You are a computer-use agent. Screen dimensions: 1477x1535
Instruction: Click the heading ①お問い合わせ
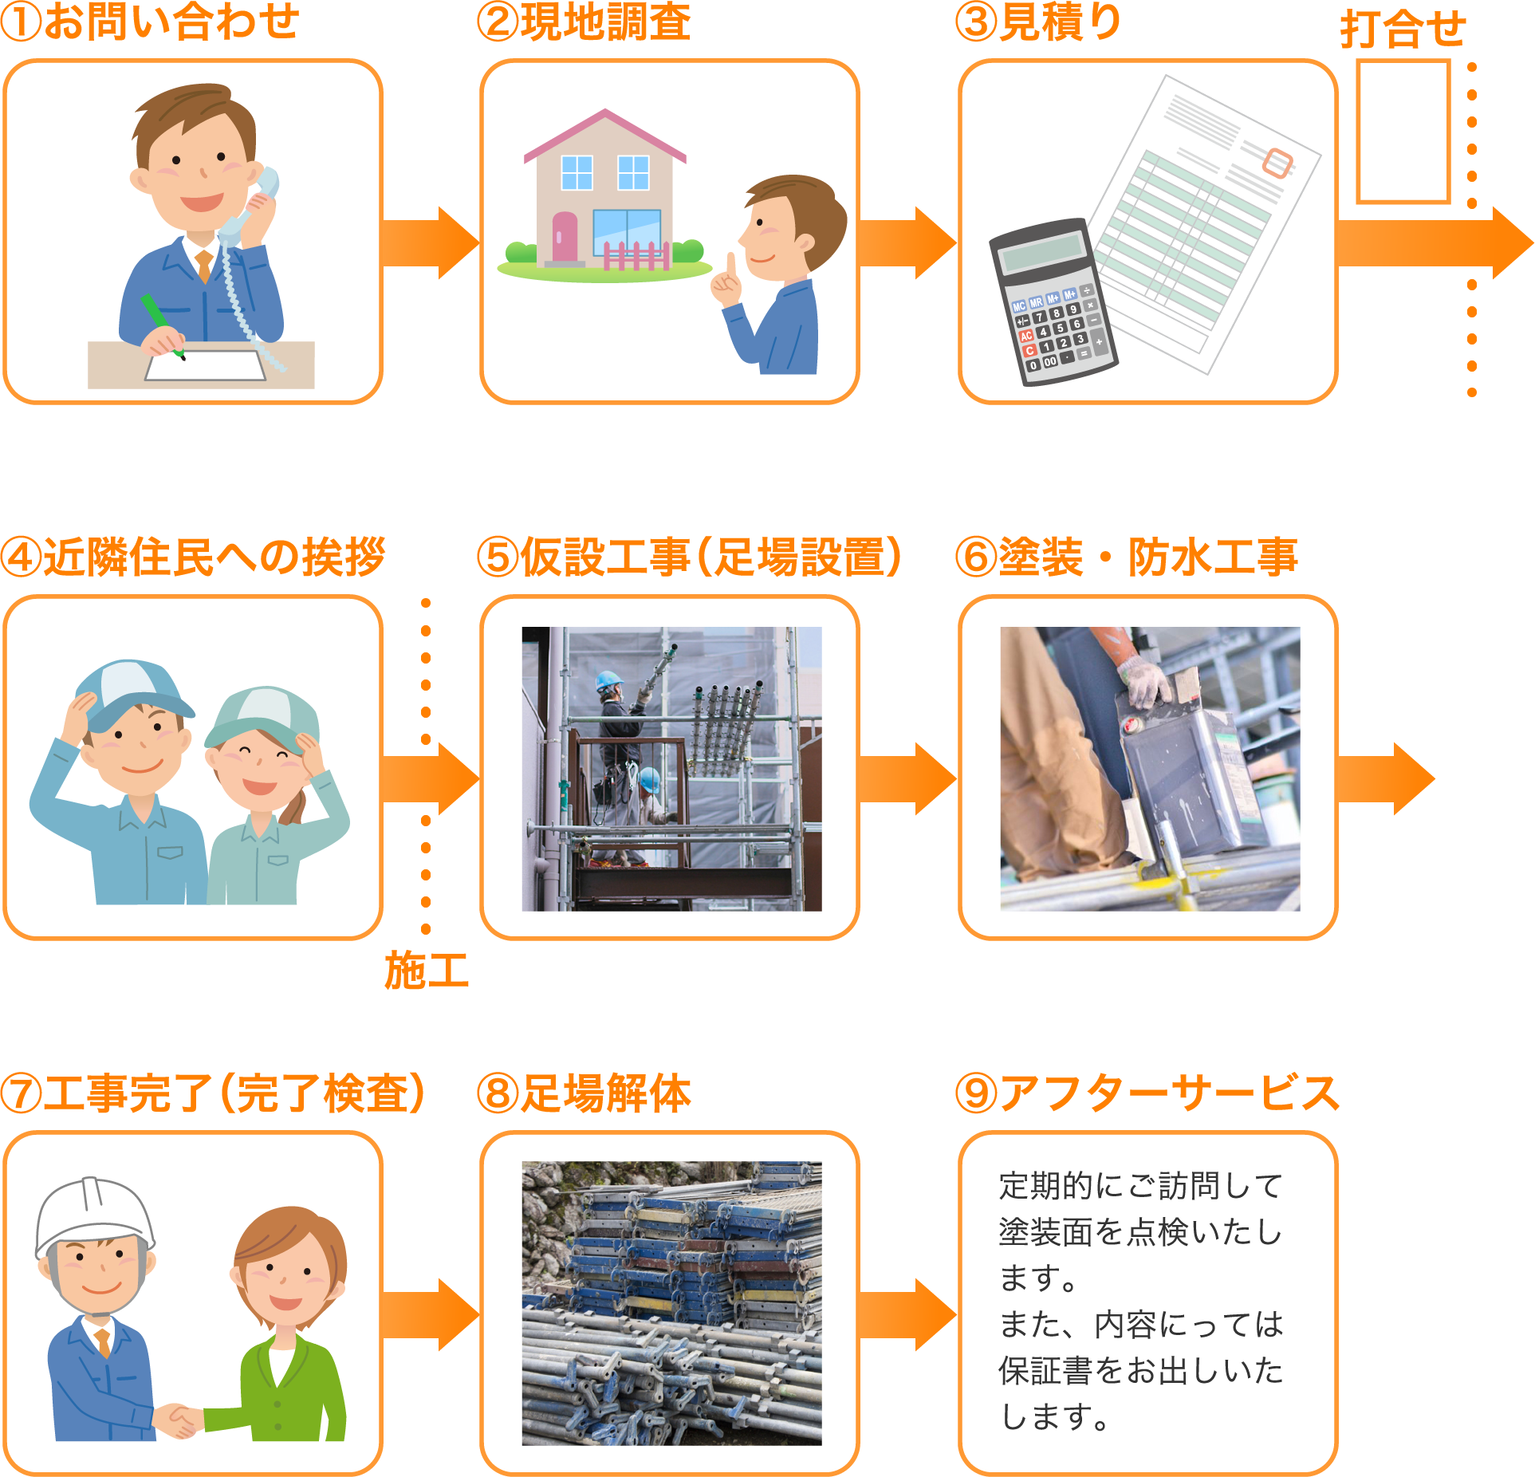point(150,22)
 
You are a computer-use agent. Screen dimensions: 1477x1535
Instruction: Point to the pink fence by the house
point(636,256)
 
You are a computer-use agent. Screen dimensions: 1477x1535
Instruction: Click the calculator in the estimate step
point(1052,302)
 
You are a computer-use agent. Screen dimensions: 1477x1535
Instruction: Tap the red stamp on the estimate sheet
point(1277,163)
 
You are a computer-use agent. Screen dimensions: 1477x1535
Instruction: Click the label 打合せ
point(1403,30)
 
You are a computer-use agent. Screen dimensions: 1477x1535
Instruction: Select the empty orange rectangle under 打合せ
point(1403,132)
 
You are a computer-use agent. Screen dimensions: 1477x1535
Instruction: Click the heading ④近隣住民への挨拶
point(193,557)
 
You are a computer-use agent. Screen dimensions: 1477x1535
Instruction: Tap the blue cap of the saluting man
point(132,691)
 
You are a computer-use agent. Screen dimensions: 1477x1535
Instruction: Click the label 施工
point(426,971)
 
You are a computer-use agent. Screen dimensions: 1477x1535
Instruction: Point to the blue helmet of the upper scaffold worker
point(608,680)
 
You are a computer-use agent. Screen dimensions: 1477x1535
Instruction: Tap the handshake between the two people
point(176,1420)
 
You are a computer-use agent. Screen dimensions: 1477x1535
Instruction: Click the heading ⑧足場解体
point(584,1093)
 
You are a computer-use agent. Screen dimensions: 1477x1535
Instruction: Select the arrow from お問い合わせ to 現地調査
point(431,242)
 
